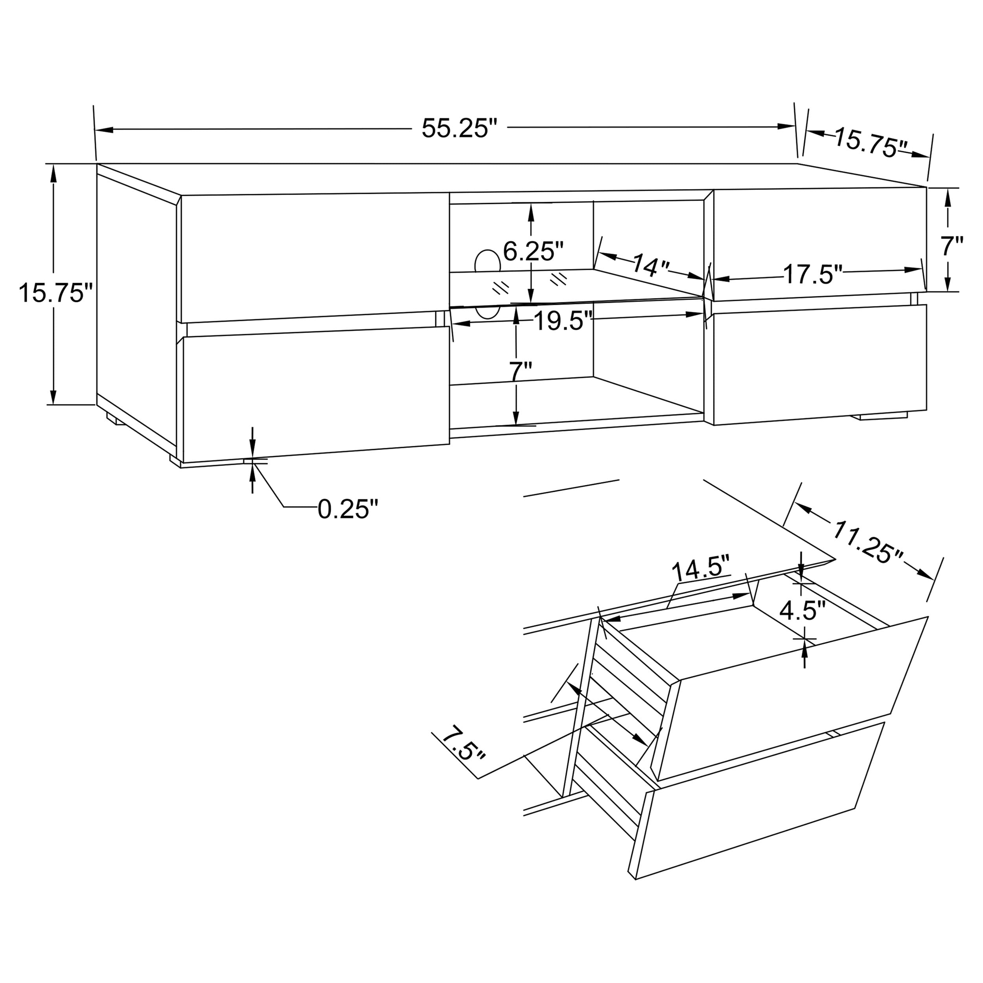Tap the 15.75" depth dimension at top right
point(871,144)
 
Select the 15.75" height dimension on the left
point(56,294)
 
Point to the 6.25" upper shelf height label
point(533,251)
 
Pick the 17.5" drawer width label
point(813,275)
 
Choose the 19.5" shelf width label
point(563,321)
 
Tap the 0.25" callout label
point(348,509)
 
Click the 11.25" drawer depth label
point(867,541)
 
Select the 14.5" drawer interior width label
point(701,571)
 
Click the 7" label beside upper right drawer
point(952,247)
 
